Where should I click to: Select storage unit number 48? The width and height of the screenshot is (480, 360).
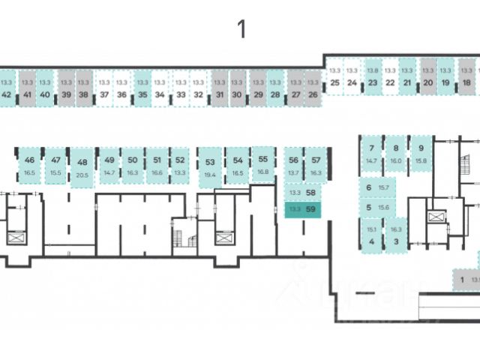tap(82, 167)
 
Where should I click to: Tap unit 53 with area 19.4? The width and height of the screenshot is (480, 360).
tap(210, 166)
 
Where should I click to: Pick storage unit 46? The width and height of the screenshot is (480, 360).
tap(29, 165)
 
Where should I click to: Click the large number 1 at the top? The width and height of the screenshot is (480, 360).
tap(241, 30)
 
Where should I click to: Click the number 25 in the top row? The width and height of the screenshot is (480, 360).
tap(334, 82)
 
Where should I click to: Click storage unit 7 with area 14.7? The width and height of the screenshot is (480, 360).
tap(370, 154)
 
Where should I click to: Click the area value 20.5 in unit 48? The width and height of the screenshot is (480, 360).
tap(82, 175)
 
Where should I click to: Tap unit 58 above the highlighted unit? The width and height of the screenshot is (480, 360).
tap(302, 192)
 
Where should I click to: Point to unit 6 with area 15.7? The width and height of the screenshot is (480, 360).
tap(376, 187)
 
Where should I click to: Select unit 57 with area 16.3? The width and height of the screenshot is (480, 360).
tap(316, 165)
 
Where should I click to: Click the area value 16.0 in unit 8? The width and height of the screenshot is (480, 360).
tap(396, 160)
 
